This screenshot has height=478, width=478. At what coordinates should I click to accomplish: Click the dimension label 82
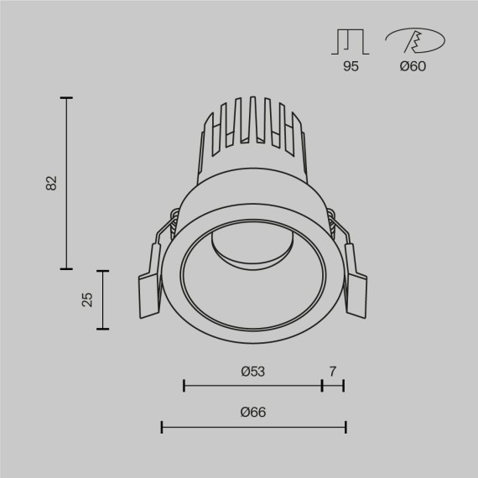click(51, 183)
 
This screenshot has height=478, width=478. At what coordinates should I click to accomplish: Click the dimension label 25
click(86, 299)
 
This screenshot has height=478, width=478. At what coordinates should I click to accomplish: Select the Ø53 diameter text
click(252, 371)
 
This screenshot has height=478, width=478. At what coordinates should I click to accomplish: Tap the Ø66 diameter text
click(252, 413)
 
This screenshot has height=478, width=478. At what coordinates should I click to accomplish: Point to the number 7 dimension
click(333, 371)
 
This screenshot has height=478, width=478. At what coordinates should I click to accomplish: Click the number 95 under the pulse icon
click(351, 66)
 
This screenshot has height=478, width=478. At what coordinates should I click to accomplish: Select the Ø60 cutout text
click(412, 66)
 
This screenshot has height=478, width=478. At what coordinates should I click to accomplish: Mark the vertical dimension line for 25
click(103, 299)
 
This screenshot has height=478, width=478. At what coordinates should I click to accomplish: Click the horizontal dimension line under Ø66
click(253, 428)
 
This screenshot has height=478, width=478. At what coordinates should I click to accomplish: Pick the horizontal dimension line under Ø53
click(252, 386)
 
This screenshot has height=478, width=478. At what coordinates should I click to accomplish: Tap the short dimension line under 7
click(333, 386)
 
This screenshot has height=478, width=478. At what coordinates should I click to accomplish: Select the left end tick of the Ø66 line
click(162, 428)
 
